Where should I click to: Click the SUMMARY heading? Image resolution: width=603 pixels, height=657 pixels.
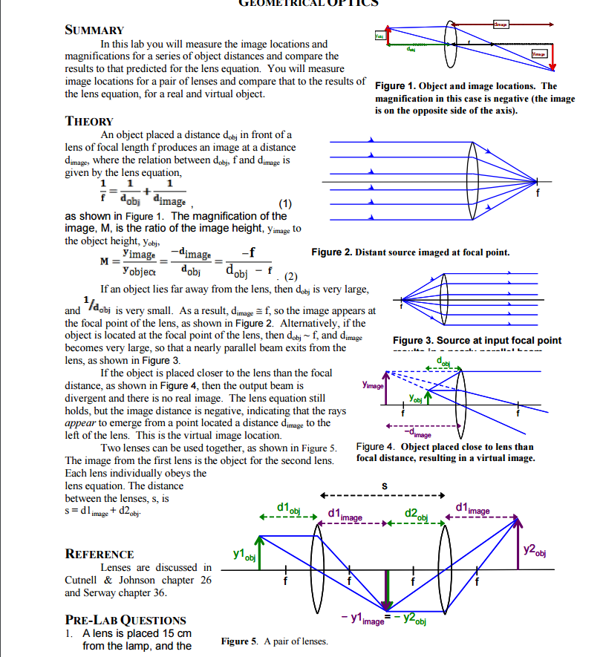coord(94,30)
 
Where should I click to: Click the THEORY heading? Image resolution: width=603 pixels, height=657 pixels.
coord(89,121)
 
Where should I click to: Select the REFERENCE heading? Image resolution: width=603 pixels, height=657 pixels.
coord(100,554)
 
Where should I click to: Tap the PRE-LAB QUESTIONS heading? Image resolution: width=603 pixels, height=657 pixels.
coord(126,620)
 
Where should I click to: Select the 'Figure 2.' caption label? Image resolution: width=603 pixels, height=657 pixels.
coord(331,252)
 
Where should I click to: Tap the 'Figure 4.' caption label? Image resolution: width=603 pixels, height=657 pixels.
coord(377,447)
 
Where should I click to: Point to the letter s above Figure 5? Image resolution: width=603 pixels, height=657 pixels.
coord(384,486)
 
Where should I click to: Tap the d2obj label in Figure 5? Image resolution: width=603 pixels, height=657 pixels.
coord(417,513)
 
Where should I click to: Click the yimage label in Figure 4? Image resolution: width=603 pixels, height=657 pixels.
coord(373,386)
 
